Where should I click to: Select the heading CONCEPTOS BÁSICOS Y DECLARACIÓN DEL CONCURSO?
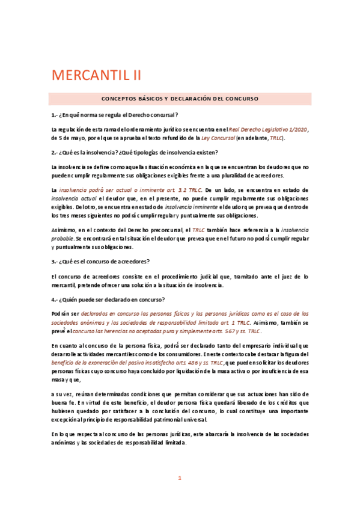[x=180, y=98]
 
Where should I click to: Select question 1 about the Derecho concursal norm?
[x=115, y=114]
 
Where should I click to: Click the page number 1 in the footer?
[x=179, y=478]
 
